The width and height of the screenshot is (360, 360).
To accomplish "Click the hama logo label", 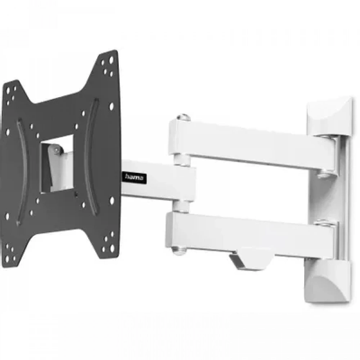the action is (134, 177).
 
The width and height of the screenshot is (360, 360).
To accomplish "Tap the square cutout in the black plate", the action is (57, 164).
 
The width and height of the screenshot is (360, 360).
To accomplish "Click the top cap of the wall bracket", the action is (330, 117).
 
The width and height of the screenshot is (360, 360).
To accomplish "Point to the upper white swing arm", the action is (251, 145).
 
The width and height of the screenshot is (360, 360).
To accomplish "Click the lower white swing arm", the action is (249, 234).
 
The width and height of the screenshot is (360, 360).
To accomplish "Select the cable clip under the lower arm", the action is (250, 261).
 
